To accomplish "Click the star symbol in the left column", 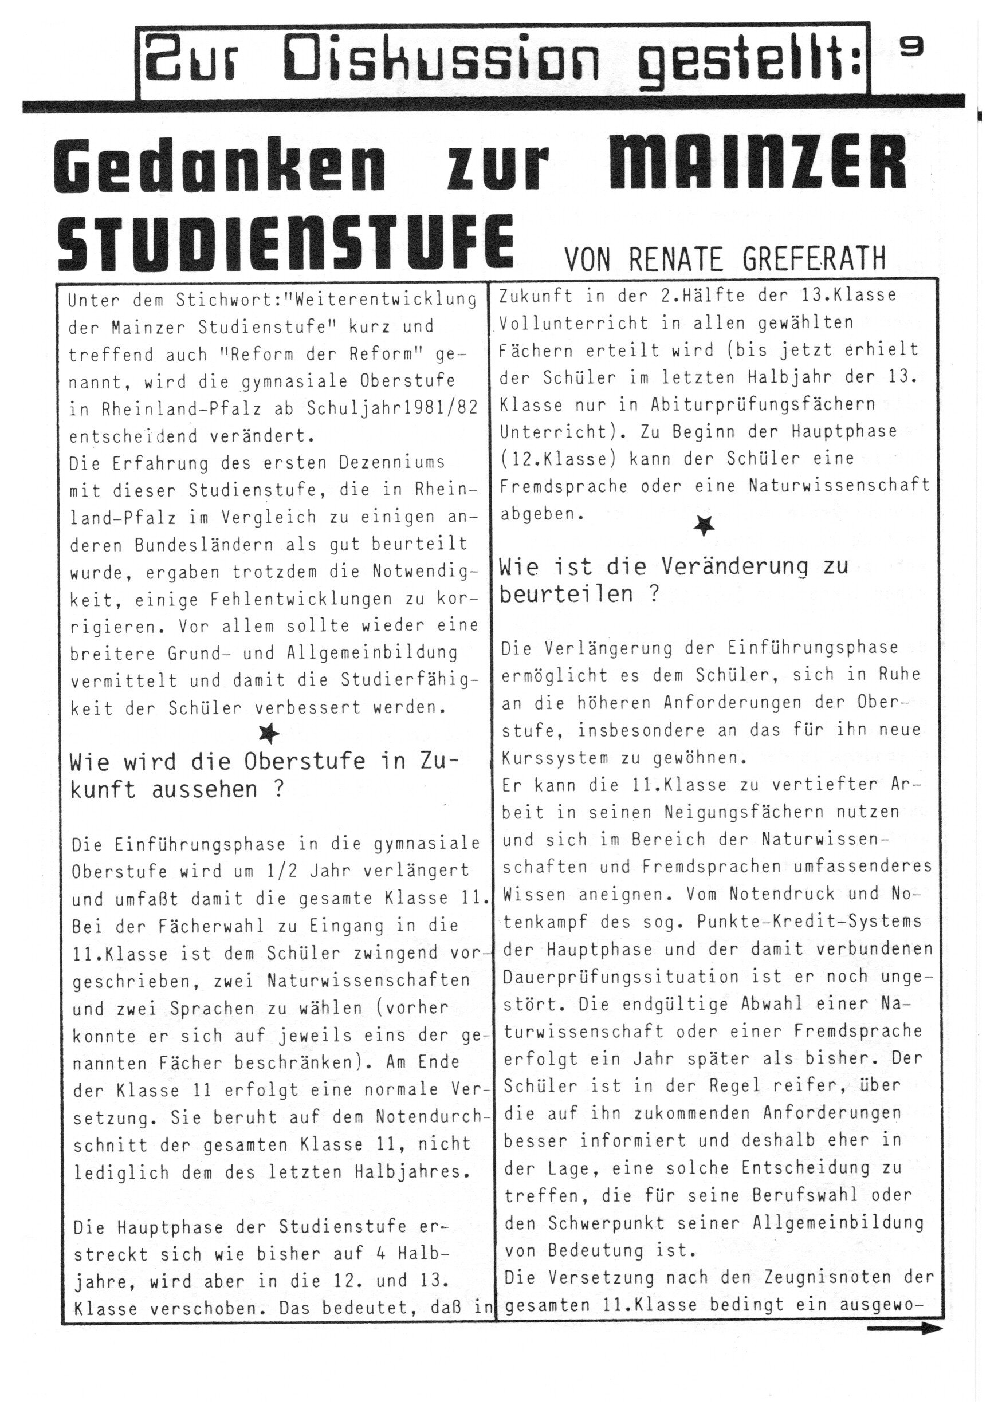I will (x=269, y=734).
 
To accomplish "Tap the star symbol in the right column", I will (x=704, y=526).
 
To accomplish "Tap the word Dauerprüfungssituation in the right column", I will (x=621, y=976).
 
